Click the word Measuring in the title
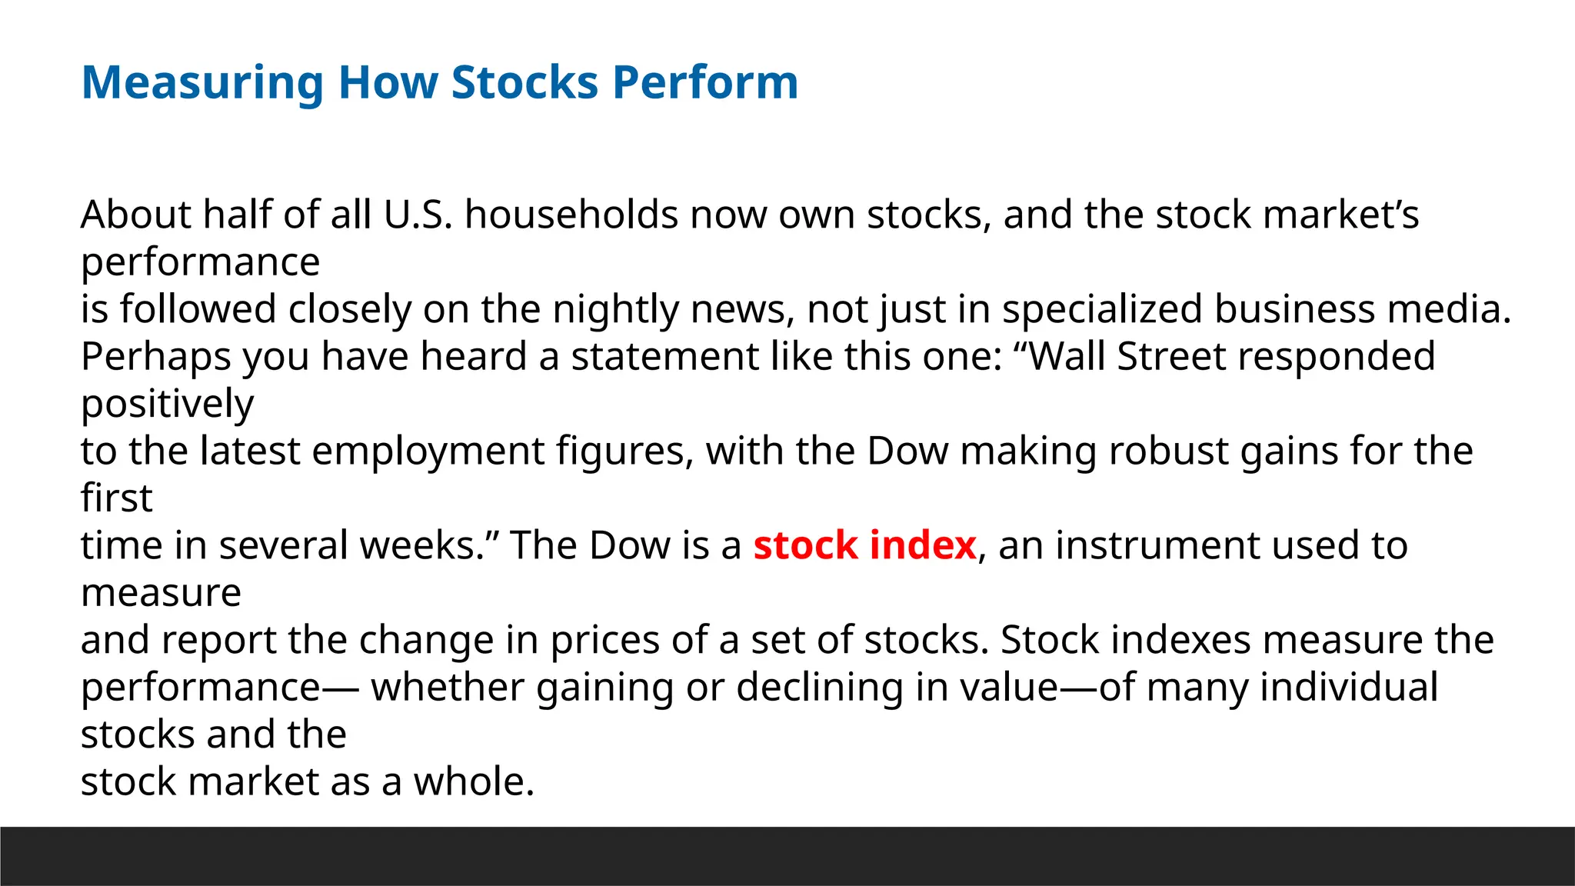coord(202,83)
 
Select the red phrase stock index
coord(864,545)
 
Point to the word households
coord(571,215)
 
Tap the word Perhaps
coord(156,358)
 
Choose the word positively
coord(167,405)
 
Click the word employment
coord(428,451)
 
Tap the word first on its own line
coord(116,498)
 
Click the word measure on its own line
coord(161,593)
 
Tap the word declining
coord(819,688)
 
